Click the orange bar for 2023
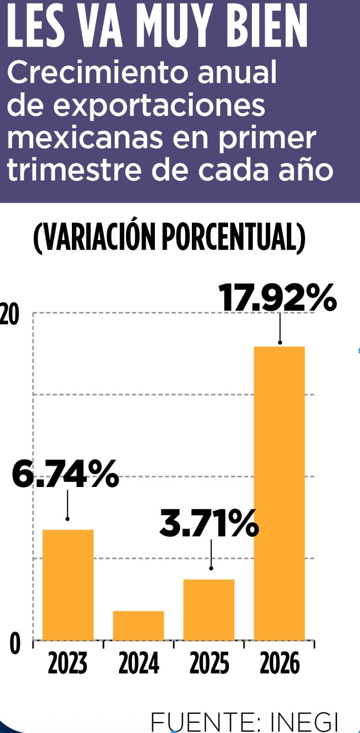[68, 585]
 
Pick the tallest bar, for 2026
[279, 493]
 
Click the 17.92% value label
[278, 298]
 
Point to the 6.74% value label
[65, 475]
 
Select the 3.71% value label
[209, 524]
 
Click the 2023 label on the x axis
[68, 663]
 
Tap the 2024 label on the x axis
[138, 663]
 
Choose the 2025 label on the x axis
[209, 663]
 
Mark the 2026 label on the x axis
[279, 663]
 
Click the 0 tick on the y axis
[15, 643]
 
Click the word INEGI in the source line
[304, 722]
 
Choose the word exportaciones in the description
[159, 105]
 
